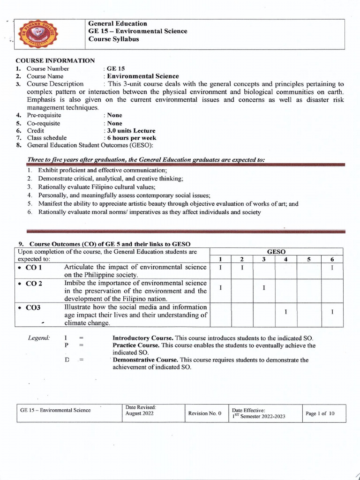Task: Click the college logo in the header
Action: (x=32, y=35)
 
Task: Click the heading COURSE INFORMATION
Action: (x=55, y=60)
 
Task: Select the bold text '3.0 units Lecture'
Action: (x=131, y=131)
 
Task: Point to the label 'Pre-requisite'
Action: (x=44, y=115)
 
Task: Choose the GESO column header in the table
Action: (x=276, y=252)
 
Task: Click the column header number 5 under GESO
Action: (x=309, y=259)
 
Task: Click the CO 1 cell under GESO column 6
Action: (x=332, y=268)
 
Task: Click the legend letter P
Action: (x=66, y=345)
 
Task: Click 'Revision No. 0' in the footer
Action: (x=204, y=414)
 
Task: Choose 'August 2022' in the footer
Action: (x=139, y=414)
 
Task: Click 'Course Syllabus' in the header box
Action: (x=113, y=39)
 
